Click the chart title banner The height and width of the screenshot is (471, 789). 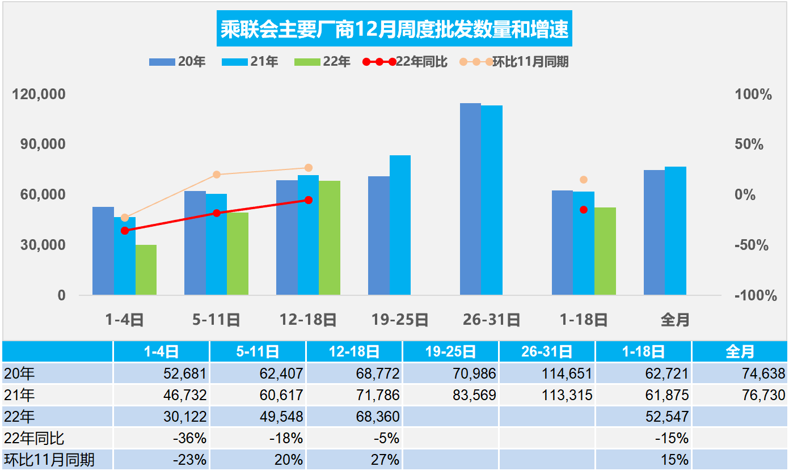(x=394, y=29)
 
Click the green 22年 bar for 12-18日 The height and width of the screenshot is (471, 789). (x=330, y=237)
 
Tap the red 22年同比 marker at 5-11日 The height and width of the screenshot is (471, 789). (x=217, y=213)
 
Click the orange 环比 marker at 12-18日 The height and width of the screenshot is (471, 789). (x=309, y=168)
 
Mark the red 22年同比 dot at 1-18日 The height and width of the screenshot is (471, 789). (x=584, y=210)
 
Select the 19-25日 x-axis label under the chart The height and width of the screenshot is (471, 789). (x=400, y=320)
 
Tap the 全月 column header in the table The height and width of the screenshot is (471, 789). (x=740, y=352)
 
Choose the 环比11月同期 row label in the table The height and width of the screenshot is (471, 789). (x=49, y=459)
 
